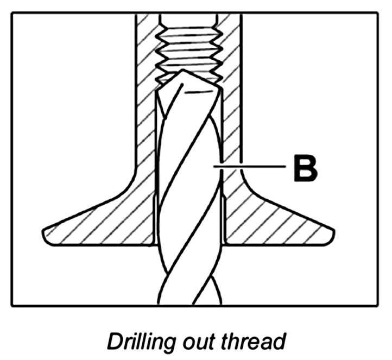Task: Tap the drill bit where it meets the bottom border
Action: [189, 305]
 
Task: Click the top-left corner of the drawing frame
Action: [12, 13]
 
